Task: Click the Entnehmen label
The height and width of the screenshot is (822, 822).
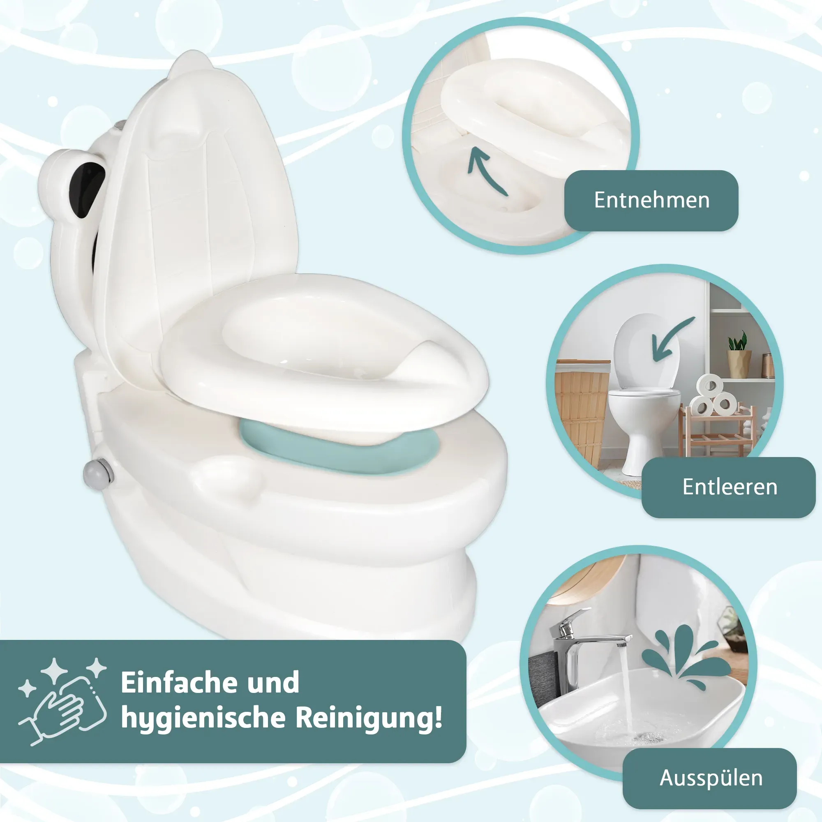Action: pos(651,201)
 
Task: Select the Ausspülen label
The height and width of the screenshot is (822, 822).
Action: pos(711,778)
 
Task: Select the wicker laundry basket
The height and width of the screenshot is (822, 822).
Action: pos(581,411)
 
